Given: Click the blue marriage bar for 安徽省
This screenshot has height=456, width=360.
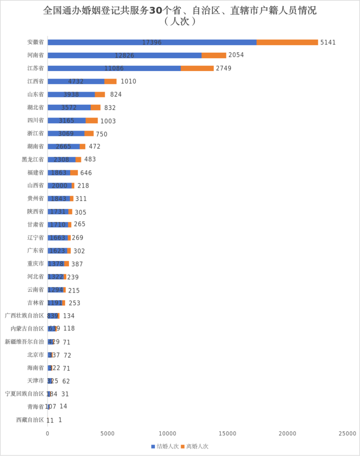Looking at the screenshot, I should (x=152, y=43).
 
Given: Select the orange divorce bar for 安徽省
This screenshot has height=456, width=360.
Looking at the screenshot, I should (x=287, y=43).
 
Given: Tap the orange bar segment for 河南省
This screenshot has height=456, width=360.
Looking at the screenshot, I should (x=214, y=56).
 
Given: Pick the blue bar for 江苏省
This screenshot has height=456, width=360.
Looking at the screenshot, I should (x=114, y=68).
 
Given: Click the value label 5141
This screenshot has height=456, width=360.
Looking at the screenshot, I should (x=328, y=43).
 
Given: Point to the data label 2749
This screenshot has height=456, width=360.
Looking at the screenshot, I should (x=224, y=68).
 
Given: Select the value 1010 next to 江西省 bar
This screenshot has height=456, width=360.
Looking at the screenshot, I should (x=128, y=81).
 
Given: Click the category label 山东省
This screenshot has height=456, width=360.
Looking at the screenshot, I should (x=36, y=94).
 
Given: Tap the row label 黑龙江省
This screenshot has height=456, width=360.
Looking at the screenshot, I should (x=33, y=159).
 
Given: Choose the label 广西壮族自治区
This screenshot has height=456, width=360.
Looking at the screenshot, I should (x=24, y=316).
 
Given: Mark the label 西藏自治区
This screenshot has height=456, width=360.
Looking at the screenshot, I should (x=30, y=420).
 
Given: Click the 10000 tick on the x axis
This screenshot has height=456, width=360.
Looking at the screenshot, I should (x=167, y=433).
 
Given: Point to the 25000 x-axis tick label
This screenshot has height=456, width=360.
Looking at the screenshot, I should (x=347, y=433).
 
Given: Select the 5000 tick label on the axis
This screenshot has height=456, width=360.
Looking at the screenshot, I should (x=107, y=433).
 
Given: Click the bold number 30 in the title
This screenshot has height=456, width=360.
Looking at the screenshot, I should (x=155, y=11).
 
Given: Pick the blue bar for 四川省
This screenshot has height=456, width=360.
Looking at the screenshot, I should (x=66, y=121).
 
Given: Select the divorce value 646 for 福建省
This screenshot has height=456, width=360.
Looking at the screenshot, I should (x=86, y=173).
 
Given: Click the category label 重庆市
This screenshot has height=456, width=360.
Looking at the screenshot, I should (x=36, y=263).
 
